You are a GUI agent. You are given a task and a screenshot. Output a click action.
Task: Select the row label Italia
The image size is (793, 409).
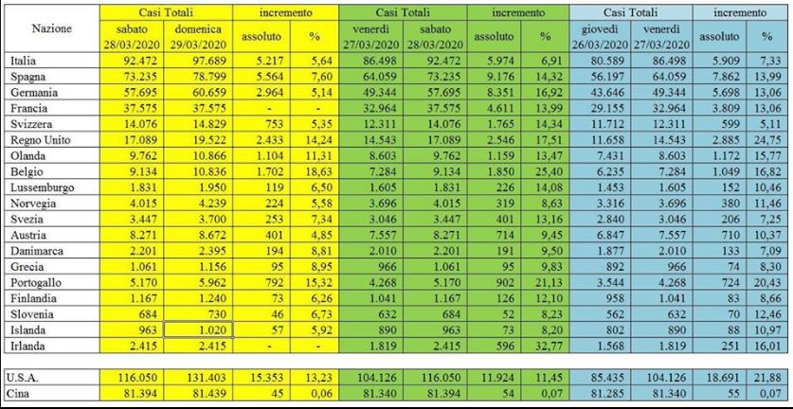23,62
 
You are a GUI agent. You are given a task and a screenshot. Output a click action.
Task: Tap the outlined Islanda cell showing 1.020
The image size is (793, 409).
199,331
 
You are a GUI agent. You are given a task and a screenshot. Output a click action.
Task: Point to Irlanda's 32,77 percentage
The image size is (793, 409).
544,347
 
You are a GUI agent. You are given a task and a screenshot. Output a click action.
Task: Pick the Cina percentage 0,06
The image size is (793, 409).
321,392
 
